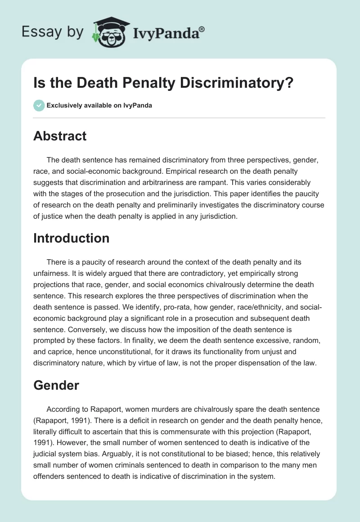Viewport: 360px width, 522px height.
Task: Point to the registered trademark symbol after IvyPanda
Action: (202, 29)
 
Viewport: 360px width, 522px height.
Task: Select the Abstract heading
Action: (60, 136)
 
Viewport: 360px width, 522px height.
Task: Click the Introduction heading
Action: (71, 238)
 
